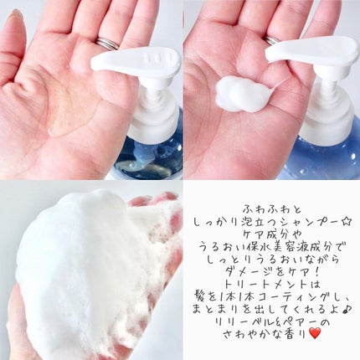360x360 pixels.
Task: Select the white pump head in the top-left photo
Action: (x=138, y=67)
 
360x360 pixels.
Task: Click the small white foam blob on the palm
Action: (x=242, y=93)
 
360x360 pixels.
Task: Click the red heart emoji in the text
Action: (x=314, y=333)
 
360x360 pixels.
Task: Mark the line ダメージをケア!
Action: (x=270, y=275)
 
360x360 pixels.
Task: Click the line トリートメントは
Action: (x=270, y=290)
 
